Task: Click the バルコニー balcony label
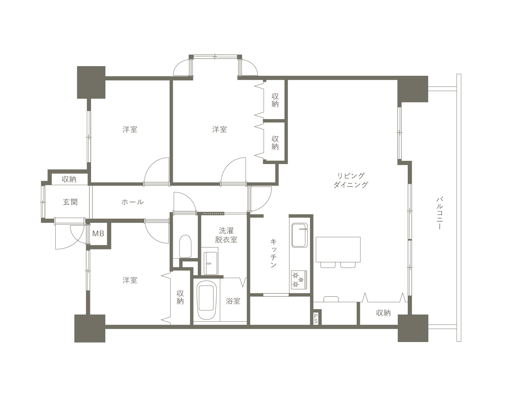coord(440,213)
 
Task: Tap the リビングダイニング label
coord(351,180)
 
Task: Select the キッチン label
coord(273,253)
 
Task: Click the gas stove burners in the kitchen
coord(299,280)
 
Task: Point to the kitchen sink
coord(300,235)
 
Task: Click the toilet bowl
coord(185,246)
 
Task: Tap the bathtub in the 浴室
coord(207,300)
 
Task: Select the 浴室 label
coord(233,301)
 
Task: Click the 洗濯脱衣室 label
coord(226,235)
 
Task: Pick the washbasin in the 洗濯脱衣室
coord(210,263)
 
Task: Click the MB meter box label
coord(98,233)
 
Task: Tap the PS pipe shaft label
coord(316,318)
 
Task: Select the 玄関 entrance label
coord(70,202)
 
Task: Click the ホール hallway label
coord(133,202)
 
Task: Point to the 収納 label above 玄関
coord(69,179)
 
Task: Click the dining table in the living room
coord(338,249)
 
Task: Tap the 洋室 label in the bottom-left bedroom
coord(130,280)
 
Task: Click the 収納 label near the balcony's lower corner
coord(383,313)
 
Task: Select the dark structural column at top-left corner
coord(91,82)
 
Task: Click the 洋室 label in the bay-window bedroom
coord(220,129)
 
